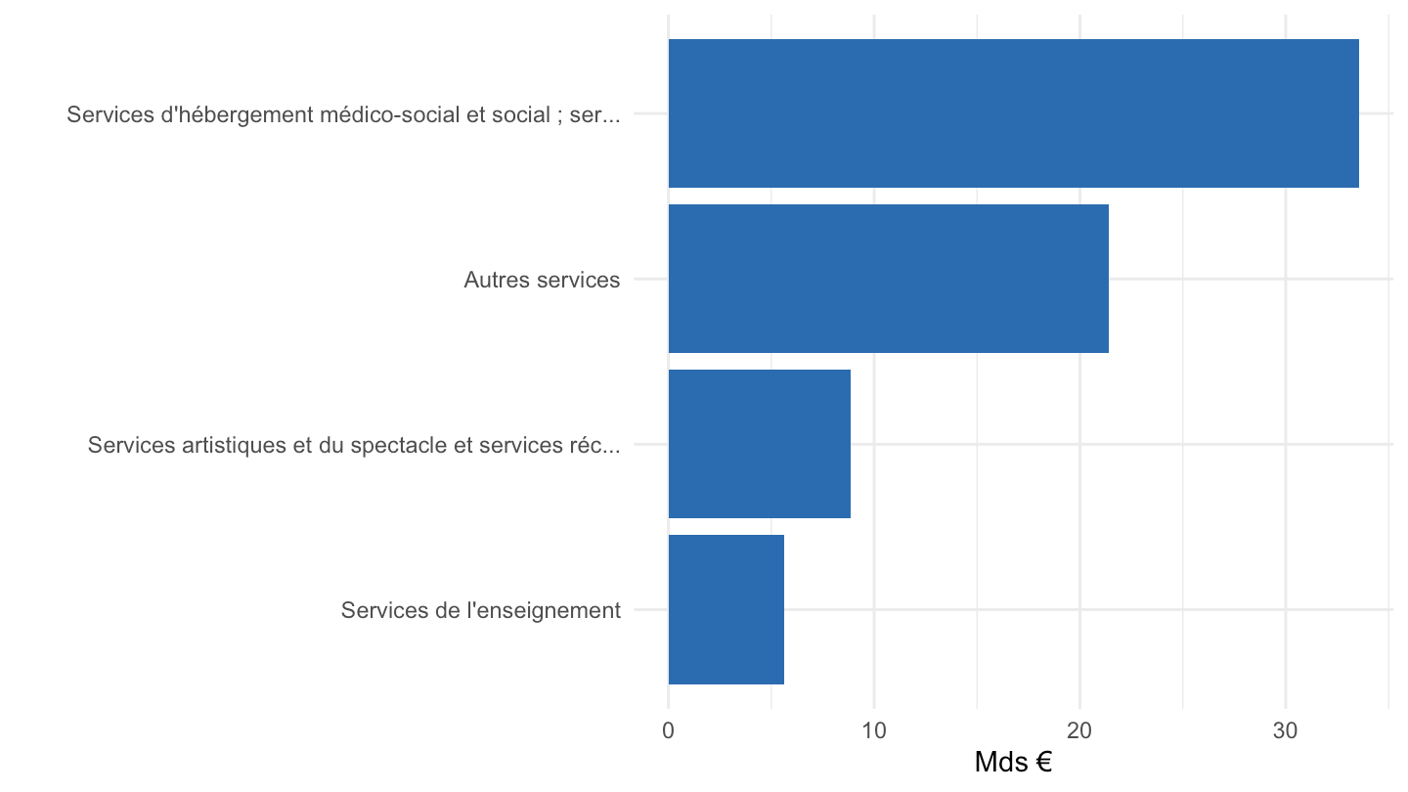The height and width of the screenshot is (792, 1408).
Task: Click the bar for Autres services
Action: (x=888, y=279)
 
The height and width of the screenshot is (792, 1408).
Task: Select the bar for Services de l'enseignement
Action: (x=726, y=609)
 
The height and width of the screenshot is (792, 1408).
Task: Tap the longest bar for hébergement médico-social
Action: (x=1013, y=113)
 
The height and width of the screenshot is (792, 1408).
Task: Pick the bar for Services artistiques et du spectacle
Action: (x=760, y=444)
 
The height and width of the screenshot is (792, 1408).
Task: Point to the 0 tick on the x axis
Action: (x=668, y=730)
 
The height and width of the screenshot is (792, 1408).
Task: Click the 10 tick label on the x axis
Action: (x=874, y=730)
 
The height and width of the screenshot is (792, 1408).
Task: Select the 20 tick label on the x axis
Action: (x=1079, y=730)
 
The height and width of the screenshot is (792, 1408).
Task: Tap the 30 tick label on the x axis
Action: (x=1286, y=730)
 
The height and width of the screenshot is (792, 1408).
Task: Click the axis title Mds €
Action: (x=1013, y=762)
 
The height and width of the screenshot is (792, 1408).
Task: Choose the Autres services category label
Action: (x=542, y=280)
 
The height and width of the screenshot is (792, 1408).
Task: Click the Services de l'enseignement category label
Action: (x=481, y=610)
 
